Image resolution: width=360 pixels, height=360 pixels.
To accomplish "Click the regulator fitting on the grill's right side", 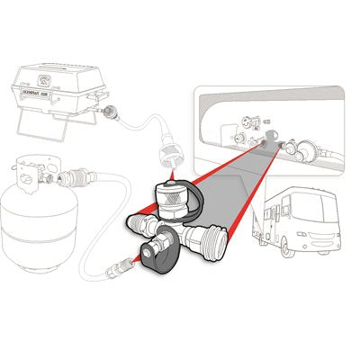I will (x=113, y=113).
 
